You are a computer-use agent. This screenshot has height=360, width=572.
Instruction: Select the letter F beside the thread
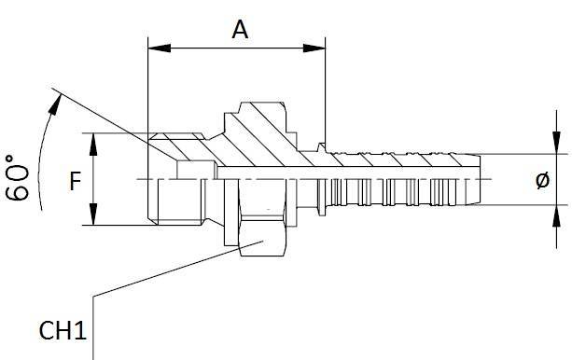click(x=76, y=180)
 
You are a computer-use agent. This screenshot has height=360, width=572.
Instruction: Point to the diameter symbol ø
click(x=542, y=181)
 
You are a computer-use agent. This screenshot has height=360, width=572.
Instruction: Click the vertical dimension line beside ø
click(x=558, y=179)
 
